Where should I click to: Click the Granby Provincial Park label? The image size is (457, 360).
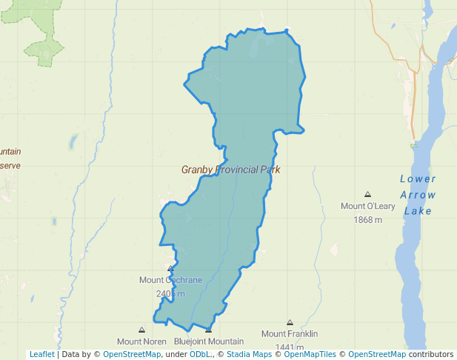point(230,170)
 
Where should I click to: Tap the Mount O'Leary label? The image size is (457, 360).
point(367,206)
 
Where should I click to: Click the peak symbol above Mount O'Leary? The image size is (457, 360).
point(367,195)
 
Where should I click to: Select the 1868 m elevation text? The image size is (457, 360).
point(367,219)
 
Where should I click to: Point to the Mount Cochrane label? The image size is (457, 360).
point(170,280)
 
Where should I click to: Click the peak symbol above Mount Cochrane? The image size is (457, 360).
point(171,268)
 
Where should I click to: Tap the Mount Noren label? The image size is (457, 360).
point(141,341)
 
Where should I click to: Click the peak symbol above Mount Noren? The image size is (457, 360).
point(141,330)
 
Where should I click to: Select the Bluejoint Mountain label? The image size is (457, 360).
point(209,341)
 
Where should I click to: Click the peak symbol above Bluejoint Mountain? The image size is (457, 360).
point(209,330)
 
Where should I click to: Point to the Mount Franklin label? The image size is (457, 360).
point(290,334)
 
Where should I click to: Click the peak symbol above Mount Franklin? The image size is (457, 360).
point(290,323)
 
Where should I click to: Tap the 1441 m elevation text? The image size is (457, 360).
point(290,347)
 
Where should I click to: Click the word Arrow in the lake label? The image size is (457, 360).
point(418,195)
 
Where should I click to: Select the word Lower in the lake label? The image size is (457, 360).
point(418,179)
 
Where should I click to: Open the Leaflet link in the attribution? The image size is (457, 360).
point(41,354)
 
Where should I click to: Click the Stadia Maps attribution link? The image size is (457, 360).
point(249,354)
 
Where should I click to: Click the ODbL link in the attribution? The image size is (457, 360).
point(200,354)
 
